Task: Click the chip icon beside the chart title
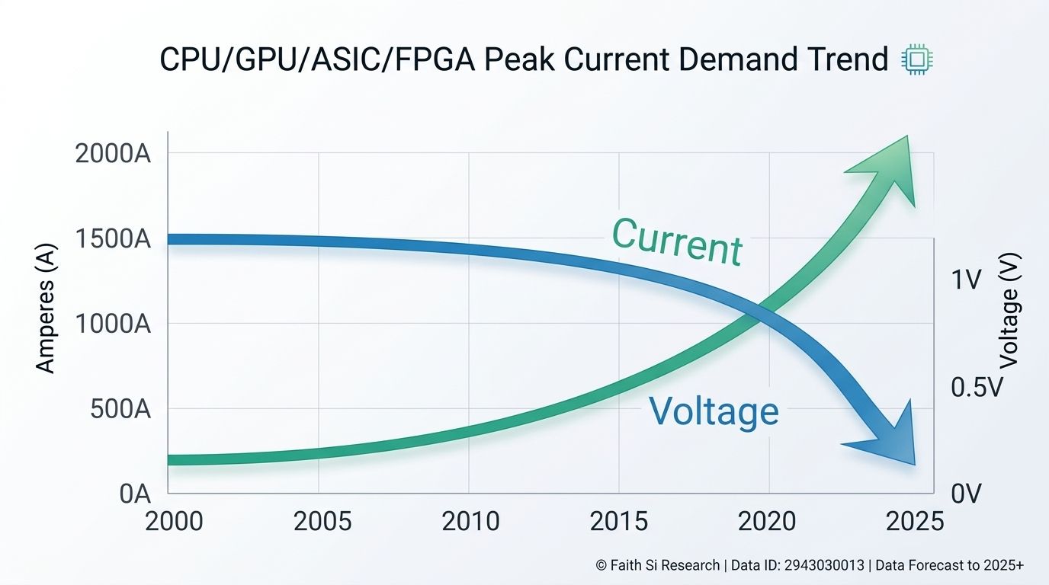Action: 918,60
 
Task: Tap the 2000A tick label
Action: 114,153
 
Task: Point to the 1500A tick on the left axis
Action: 114,239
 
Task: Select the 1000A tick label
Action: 114,324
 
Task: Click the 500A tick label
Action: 120,409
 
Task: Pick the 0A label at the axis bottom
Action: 135,494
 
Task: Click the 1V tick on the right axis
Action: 966,280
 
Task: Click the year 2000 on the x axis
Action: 174,521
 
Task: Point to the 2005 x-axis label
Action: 322,521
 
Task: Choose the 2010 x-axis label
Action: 470,521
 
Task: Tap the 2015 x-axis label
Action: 618,521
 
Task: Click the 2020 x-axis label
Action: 767,521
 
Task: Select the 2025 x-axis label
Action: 914,521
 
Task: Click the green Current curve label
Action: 677,241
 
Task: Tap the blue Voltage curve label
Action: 714,411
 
